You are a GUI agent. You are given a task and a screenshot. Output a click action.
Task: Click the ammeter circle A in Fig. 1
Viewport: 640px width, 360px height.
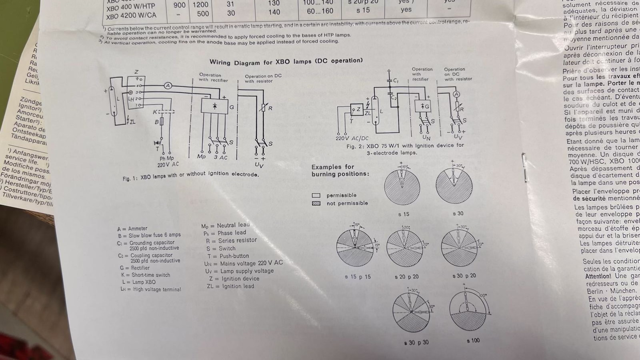pyautogui.click(x=168, y=86)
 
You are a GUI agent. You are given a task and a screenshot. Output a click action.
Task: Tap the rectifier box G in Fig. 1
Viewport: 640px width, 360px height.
pyautogui.click(x=215, y=106)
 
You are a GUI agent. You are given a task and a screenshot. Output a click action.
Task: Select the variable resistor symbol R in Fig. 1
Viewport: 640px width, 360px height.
pyautogui.click(x=263, y=108)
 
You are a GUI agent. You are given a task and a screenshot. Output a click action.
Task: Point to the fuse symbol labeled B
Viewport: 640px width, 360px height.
pyautogui.click(x=162, y=121)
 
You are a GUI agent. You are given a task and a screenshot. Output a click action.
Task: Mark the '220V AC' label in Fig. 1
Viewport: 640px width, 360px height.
pyautogui.click(x=168, y=164)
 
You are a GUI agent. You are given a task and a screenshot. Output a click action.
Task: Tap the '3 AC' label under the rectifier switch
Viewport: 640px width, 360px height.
pyautogui.click(x=220, y=158)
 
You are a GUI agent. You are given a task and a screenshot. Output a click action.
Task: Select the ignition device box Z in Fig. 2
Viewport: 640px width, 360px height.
pyautogui.click(x=356, y=109)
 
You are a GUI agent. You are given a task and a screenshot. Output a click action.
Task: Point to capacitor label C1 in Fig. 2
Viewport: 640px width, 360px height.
pyautogui.click(x=396, y=81)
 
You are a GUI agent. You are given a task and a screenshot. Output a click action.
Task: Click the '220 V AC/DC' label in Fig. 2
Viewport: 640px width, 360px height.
pyautogui.click(x=352, y=138)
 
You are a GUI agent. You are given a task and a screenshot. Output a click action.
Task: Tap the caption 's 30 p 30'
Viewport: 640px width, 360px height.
pyautogui.click(x=416, y=343)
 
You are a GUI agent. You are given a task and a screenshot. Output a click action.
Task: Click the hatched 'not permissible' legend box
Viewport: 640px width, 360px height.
pyautogui.click(x=316, y=203)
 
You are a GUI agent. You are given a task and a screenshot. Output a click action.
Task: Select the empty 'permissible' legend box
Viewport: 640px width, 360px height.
pyautogui.click(x=316, y=195)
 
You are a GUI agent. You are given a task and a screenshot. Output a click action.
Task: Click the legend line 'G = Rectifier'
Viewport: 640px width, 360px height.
pyautogui.click(x=135, y=268)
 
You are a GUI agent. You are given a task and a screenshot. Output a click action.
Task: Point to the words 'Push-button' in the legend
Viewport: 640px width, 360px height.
pyautogui.click(x=234, y=256)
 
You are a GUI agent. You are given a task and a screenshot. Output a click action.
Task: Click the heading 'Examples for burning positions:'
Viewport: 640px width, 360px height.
pyautogui.click(x=340, y=170)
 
